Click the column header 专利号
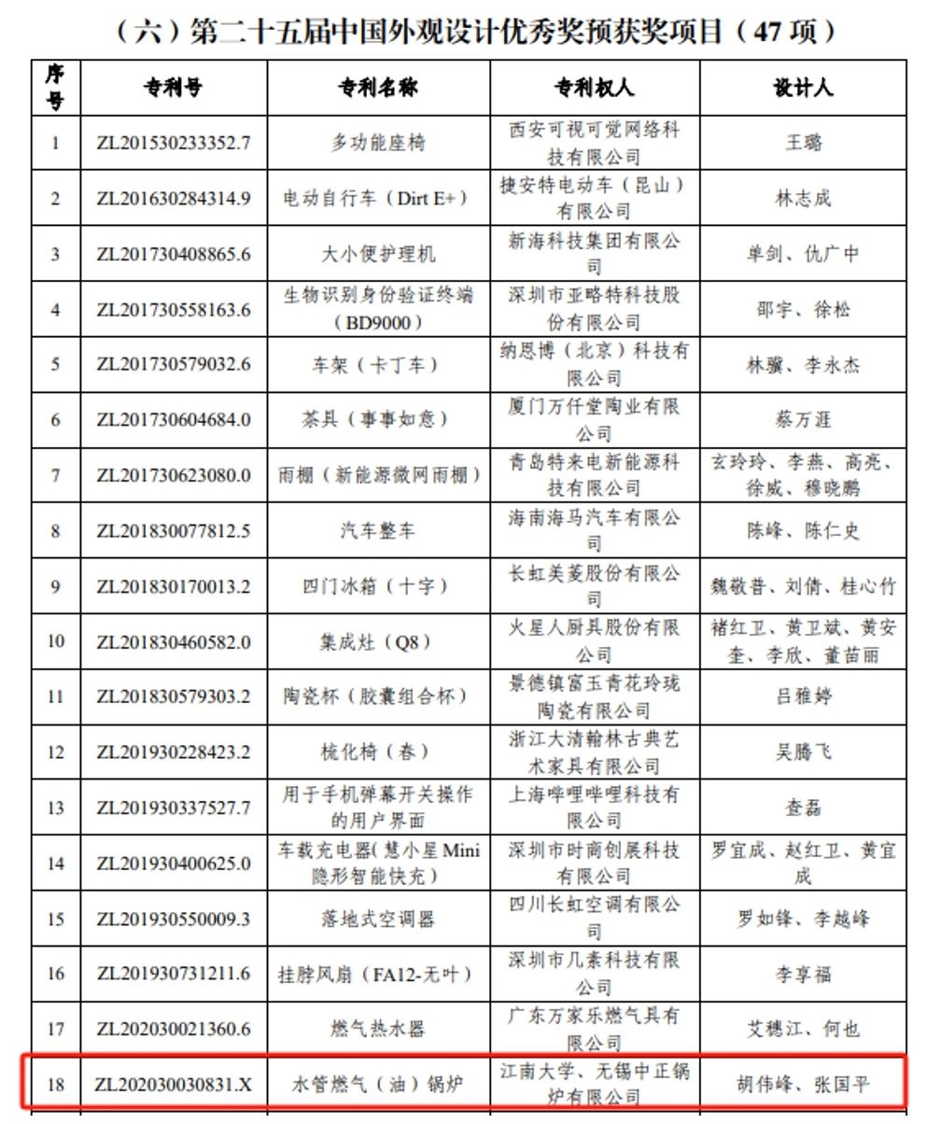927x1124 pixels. [x=173, y=88]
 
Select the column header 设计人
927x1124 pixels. [x=802, y=88]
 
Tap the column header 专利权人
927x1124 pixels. [x=594, y=88]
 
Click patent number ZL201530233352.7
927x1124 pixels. [x=174, y=143]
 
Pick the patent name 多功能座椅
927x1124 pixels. [x=378, y=143]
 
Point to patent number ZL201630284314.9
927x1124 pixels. [x=174, y=198]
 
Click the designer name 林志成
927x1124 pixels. [x=803, y=198]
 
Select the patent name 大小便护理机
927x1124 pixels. [x=378, y=254]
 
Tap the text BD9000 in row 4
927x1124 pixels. [x=378, y=322]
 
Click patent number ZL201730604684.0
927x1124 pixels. [x=174, y=420]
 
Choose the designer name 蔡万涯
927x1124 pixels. [x=803, y=420]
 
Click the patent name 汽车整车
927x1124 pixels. [x=378, y=530]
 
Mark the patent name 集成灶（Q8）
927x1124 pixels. [x=378, y=641]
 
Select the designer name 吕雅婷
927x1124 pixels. [x=803, y=696]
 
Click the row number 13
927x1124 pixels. [x=56, y=808]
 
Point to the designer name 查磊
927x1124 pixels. [x=803, y=808]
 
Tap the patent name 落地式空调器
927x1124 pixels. [x=378, y=919]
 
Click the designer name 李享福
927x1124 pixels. [x=803, y=974]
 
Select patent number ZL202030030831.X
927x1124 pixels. [x=174, y=1085]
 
